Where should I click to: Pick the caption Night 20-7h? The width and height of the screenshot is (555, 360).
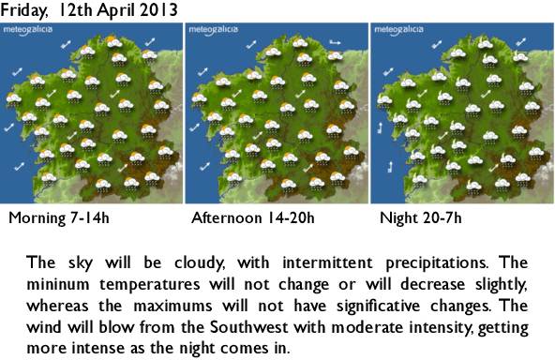pos(421,220)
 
